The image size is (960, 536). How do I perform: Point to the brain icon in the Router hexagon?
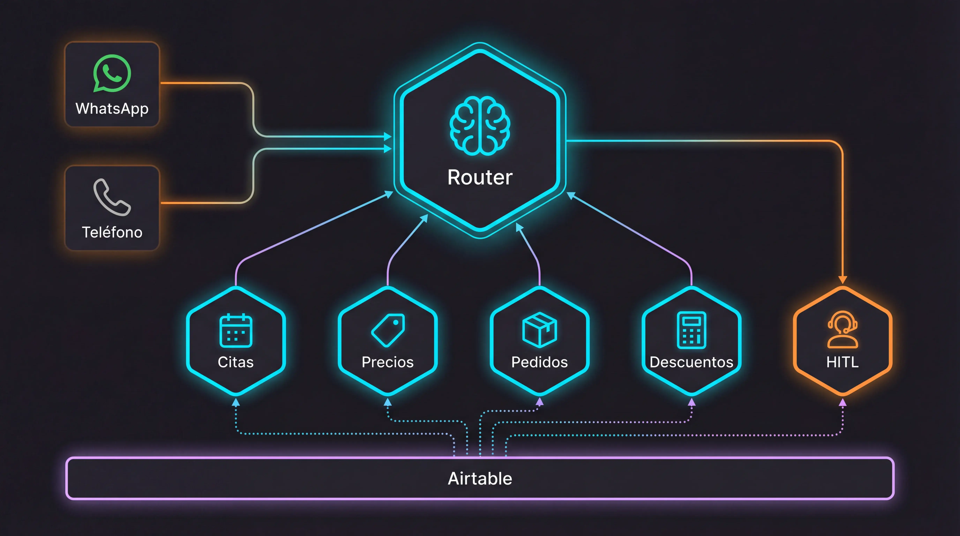tap(480, 126)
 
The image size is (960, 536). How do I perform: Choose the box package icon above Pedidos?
tap(540, 330)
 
